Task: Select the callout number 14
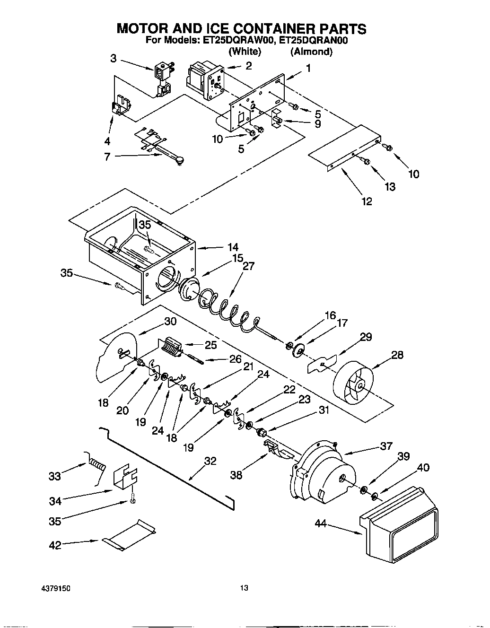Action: pyautogui.click(x=232, y=247)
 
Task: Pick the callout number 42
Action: pyautogui.click(x=55, y=545)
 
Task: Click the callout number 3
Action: pyautogui.click(x=113, y=58)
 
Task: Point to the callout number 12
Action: pyautogui.click(x=367, y=201)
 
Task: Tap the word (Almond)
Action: pyautogui.click(x=311, y=52)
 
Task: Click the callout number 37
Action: pyautogui.click(x=386, y=446)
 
